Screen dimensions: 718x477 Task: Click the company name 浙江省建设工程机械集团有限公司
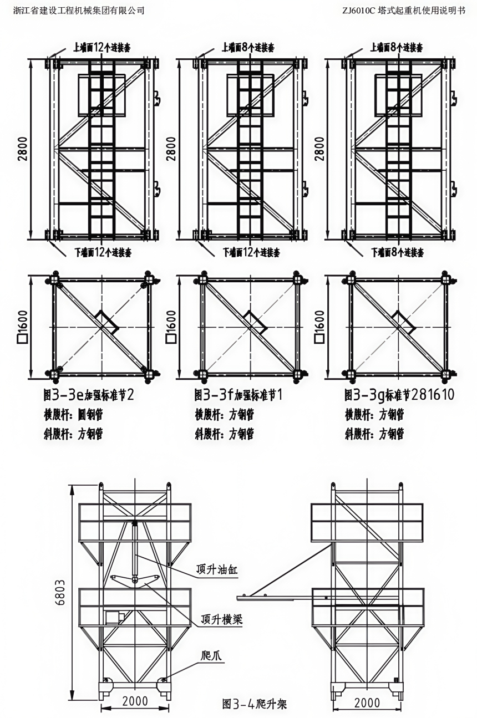[79, 10]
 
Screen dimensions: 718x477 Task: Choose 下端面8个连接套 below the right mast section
[397, 253]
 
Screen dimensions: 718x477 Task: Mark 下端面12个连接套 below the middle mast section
[251, 253]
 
